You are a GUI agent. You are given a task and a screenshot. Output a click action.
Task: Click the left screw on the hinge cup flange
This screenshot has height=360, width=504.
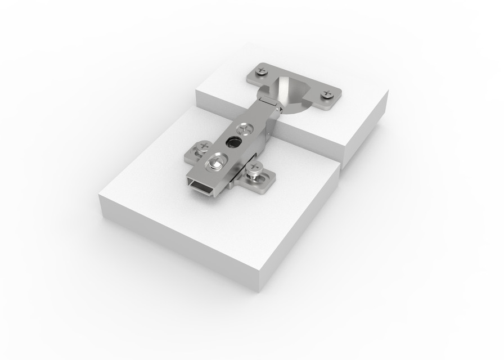(261, 71)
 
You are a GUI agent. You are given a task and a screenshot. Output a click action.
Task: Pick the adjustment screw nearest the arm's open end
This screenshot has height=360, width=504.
(215, 163)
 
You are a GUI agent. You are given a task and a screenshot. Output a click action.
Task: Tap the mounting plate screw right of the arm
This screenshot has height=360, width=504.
(255, 168)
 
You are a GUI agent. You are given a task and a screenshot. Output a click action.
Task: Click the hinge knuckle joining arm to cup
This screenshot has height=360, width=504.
(269, 103)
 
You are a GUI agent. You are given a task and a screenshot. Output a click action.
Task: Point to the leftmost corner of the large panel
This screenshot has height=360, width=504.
(100, 197)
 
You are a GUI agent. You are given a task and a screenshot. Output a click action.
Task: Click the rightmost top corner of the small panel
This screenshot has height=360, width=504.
(388, 91)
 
